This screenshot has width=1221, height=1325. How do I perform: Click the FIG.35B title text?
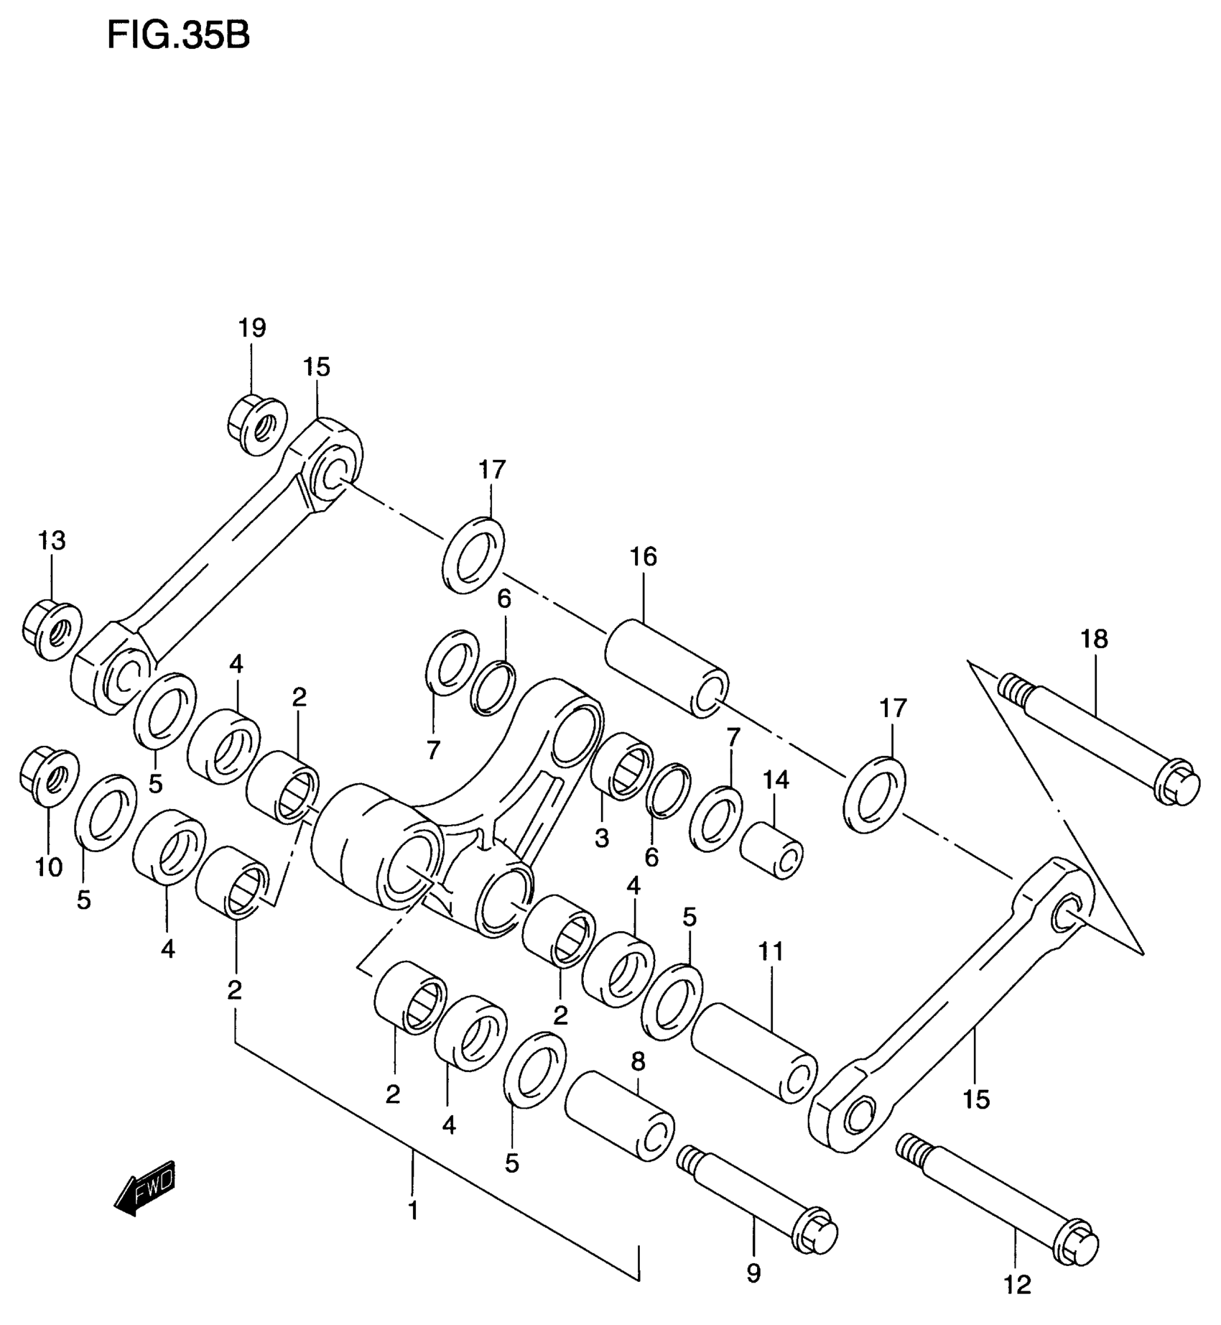coord(178,35)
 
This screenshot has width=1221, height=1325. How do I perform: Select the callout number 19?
coord(252,328)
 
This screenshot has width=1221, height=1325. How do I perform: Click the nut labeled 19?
coord(257,424)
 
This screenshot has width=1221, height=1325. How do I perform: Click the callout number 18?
coord(1095,639)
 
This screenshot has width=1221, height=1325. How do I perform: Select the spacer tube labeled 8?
coord(620,1117)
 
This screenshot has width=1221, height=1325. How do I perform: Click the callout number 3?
coord(601,838)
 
